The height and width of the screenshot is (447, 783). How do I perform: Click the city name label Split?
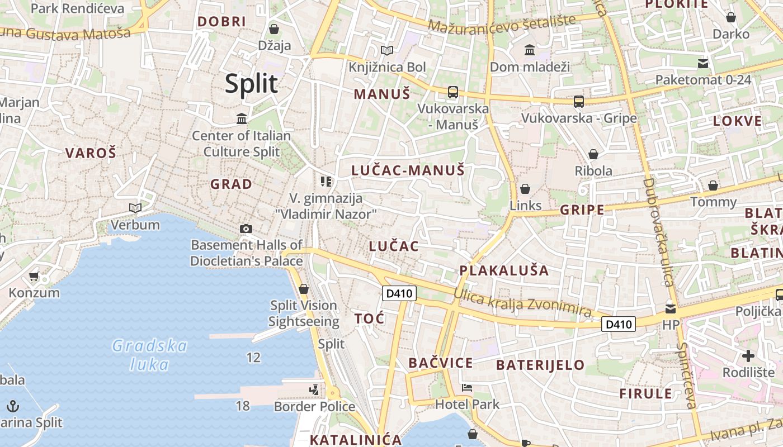pos(251,84)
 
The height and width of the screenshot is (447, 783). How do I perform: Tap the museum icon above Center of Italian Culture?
pos(242,118)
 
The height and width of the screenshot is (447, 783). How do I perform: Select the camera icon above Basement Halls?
pos(246,229)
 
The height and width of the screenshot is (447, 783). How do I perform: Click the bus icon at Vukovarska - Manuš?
pos(452,92)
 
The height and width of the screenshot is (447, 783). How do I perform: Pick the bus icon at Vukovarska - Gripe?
pos(579,102)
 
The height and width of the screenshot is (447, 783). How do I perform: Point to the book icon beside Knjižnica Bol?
pos(387,51)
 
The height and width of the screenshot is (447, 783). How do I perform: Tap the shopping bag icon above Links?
pos(525,189)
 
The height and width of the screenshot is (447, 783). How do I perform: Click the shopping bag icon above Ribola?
pos(593,154)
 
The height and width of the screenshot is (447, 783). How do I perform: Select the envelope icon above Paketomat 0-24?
pos(703,64)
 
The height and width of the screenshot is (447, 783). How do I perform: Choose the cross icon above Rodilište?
pos(748,356)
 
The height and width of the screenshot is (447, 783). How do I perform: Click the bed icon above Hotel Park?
pos(467,388)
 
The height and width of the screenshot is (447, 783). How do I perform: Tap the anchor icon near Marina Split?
pos(13,406)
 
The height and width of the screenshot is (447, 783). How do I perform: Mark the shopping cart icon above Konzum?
pos(34,276)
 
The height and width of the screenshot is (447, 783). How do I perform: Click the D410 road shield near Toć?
pos(399,293)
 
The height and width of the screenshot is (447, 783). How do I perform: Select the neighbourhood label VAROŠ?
pos(91,153)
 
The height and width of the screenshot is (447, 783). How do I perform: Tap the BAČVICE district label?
pos(441,363)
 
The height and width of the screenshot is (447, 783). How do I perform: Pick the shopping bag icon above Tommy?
pos(713,186)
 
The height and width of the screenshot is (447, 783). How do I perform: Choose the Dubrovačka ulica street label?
pos(657,232)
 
